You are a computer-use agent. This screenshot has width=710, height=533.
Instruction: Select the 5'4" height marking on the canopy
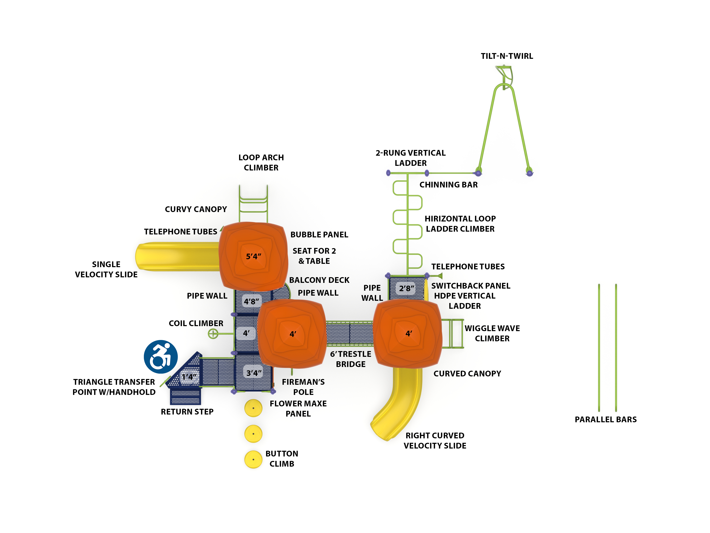click(x=253, y=256)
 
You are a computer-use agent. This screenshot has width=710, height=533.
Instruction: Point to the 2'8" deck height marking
click(x=406, y=288)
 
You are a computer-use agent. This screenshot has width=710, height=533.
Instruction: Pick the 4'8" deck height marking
click(x=251, y=301)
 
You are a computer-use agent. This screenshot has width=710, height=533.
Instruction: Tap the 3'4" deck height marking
click(x=253, y=373)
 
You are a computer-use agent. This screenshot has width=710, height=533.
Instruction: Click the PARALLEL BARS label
click(x=605, y=419)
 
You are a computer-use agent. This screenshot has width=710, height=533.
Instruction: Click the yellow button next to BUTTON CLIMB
click(x=253, y=459)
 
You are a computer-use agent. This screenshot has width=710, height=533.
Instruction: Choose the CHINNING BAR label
click(x=448, y=185)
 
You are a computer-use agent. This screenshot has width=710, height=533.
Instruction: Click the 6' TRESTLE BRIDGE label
click(x=351, y=359)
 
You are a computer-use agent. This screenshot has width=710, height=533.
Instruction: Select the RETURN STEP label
click(x=187, y=412)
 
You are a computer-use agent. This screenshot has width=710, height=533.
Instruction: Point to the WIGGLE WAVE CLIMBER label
click(x=492, y=333)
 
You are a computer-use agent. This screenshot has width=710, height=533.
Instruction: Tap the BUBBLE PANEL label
click(x=319, y=235)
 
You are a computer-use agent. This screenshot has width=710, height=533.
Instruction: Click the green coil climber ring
click(x=213, y=334)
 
